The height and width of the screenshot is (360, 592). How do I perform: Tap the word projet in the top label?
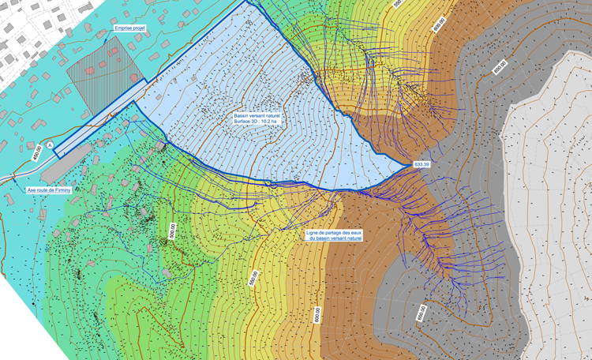[141, 28]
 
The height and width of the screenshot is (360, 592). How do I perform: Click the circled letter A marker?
[51, 146]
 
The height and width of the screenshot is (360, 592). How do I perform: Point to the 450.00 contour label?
[37, 152]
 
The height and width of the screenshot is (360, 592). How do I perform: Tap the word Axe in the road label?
[33, 190]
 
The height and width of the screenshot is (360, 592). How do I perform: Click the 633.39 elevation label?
[422, 164]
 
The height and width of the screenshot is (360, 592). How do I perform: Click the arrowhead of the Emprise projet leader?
[106, 37]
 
